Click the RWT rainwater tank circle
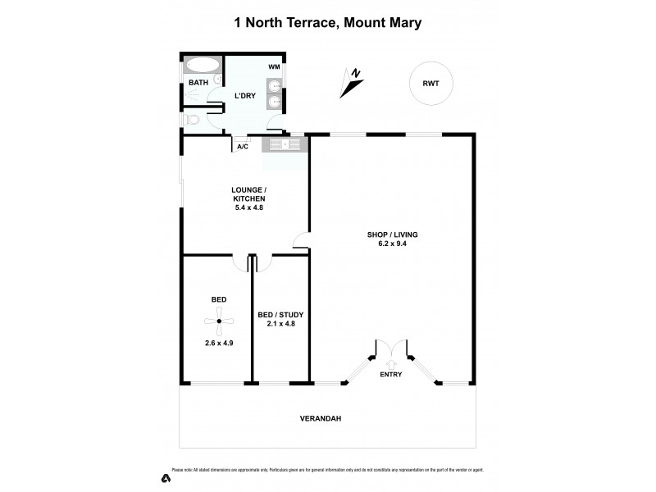(x=431, y=83)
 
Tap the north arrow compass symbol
(x=353, y=80)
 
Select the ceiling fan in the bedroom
(x=219, y=321)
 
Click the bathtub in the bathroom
(x=201, y=66)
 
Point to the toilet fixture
(x=191, y=121)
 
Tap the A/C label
(x=243, y=146)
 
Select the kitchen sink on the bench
(x=283, y=145)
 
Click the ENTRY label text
(x=390, y=375)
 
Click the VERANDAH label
(x=326, y=418)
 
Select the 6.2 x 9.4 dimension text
(x=387, y=243)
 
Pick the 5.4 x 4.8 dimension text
(x=248, y=207)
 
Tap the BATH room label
(x=198, y=83)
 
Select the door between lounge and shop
(x=303, y=241)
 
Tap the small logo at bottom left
(x=165, y=477)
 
